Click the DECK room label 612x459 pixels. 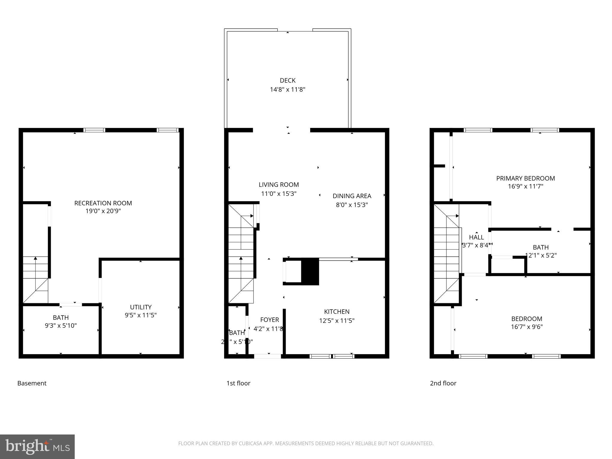click(x=287, y=80)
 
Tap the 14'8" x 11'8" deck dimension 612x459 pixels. click(x=287, y=89)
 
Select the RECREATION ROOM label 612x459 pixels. click(x=103, y=203)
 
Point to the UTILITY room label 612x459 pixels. click(x=141, y=307)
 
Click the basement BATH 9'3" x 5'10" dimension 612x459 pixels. click(x=61, y=325)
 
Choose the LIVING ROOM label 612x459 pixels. click(x=279, y=185)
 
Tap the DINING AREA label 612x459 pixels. click(x=352, y=196)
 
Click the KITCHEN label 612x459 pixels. click(x=337, y=312)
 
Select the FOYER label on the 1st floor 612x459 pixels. click(x=270, y=320)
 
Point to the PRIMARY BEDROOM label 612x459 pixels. click(x=525, y=178)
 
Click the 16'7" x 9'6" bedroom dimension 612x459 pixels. click(x=527, y=327)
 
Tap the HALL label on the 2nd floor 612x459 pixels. click(x=476, y=237)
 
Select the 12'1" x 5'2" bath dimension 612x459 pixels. click(x=541, y=255)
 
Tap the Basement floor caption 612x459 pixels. click(x=32, y=383)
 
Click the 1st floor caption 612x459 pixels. click(x=238, y=383)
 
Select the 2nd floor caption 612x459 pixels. click(x=443, y=383)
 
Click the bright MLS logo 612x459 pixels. click(x=37, y=446)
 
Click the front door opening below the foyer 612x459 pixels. click(x=267, y=356)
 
